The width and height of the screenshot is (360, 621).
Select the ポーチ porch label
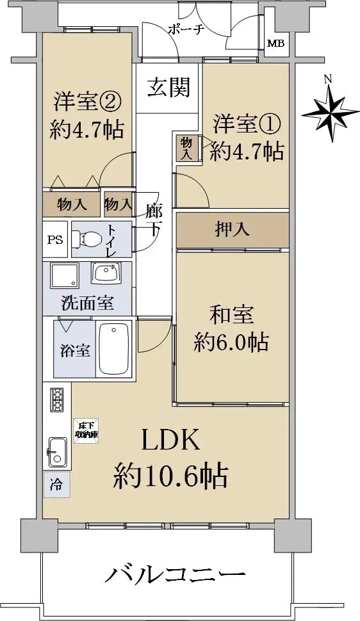coord(186,29)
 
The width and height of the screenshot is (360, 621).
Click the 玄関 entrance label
coord(169,87)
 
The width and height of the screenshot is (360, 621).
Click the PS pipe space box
coord(56,239)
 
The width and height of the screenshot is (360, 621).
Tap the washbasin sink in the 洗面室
coord(106,273)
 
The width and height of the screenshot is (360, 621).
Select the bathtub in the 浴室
coord(114,349)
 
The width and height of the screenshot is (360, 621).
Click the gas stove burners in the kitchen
coord(57,399)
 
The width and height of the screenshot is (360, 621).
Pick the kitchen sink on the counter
coord(58,452)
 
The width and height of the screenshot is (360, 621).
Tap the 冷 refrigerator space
coord(57,485)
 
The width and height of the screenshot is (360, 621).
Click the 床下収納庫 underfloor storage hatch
coord(87,431)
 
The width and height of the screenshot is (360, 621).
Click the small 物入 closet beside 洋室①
coord(186,148)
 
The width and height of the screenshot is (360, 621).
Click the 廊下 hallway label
coord(153,219)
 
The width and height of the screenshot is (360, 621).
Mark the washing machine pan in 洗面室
coord(64,275)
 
